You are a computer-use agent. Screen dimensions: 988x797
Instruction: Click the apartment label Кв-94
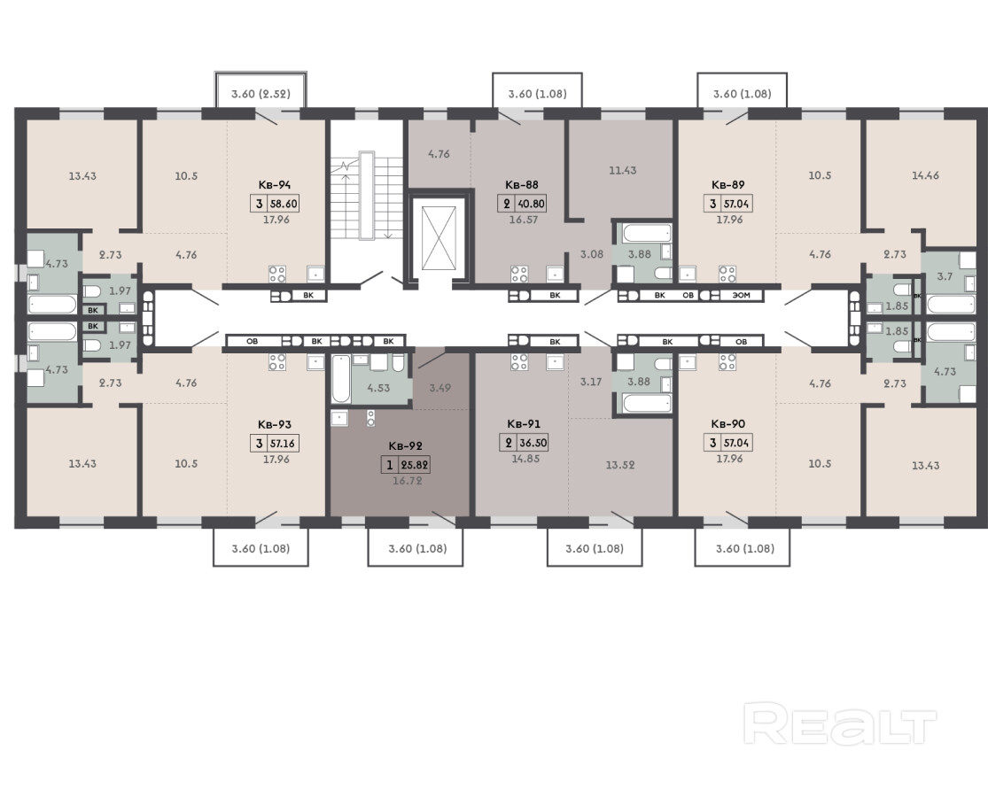(274, 185)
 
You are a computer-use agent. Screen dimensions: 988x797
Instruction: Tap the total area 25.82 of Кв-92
(415, 465)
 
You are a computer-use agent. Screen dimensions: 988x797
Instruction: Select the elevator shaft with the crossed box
(439, 237)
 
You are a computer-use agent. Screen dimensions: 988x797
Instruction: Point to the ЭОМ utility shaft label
(742, 295)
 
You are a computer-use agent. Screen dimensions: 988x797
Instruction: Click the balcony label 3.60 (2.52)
(261, 94)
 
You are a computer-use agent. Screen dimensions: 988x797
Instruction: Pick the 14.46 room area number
(925, 175)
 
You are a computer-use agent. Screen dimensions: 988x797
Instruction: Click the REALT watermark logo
(839, 724)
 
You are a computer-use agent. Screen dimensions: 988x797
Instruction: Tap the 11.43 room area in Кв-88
(623, 170)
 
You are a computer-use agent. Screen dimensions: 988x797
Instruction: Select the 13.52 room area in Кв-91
(620, 465)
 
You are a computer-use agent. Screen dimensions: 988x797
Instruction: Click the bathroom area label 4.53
(378, 388)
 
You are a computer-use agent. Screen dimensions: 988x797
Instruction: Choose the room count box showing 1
(389, 465)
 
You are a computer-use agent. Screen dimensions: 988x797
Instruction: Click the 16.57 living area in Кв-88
(523, 219)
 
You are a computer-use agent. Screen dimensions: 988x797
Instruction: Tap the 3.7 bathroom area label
(945, 275)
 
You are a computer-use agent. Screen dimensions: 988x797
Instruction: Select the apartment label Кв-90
(728, 424)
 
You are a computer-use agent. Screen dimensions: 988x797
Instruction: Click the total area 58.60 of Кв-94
(284, 204)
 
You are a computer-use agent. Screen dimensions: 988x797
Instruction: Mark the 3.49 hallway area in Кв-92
(440, 388)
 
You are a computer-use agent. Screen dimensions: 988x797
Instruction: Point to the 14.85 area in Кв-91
(525, 459)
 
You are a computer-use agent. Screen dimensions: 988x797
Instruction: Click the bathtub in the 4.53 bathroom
(340, 378)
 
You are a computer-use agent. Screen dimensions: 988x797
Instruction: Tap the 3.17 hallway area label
(591, 382)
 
